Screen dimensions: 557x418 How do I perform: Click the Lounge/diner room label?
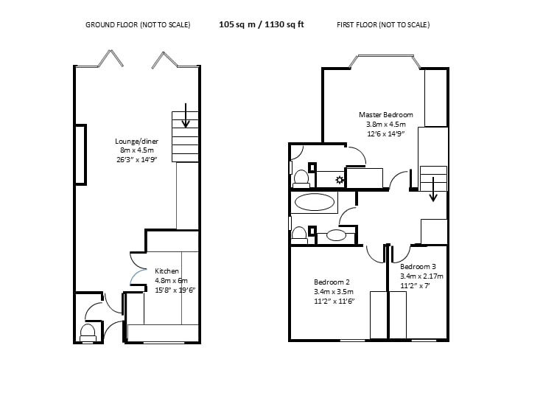[x=137, y=141]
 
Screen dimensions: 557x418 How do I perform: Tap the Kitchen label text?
[x=167, y=271]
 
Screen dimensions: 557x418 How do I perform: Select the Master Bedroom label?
[x=386, y=115]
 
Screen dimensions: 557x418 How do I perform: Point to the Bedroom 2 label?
[x=332, y=282]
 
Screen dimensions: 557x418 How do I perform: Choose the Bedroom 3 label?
[x=418, y=267]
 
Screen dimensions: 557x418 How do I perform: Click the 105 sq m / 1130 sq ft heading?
[x=262, y=24]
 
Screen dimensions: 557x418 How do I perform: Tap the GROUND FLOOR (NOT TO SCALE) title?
[x=138, y=24]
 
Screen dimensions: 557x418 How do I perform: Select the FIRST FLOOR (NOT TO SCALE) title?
[x=383, y=24]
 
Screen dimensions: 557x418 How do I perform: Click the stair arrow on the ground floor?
[x=186, y=116]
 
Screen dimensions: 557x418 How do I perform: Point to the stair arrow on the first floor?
[x=433, y=189]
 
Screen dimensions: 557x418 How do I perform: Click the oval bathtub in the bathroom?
[x=315, y=202]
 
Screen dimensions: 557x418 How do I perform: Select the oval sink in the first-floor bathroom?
[x=337, y=235]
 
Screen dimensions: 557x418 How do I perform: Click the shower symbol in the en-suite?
[x=340, y=180]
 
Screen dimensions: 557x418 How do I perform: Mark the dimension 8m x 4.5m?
[x=137, y=150]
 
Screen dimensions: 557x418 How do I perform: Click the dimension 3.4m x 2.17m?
[x=421, y=276]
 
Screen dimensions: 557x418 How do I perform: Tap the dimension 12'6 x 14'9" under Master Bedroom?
[x=386, y=134]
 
